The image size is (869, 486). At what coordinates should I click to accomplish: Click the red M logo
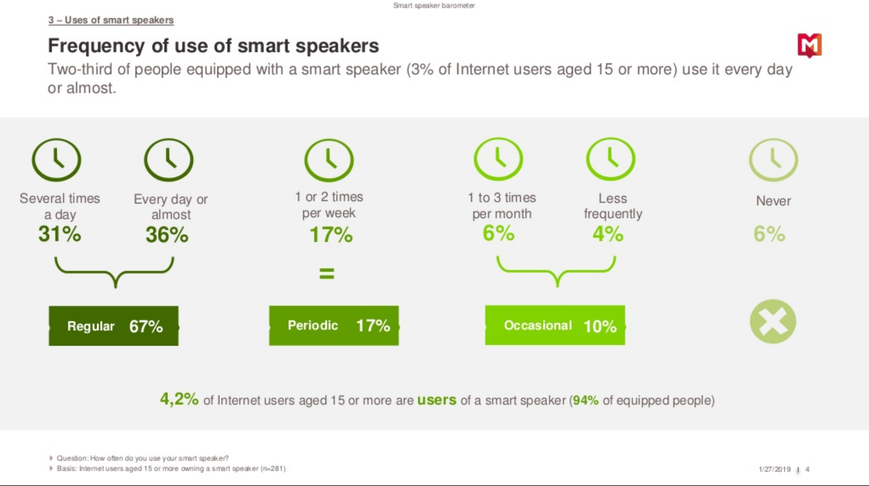(x=809, y=45)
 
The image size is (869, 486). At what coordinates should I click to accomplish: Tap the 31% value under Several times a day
(x=60, y=234)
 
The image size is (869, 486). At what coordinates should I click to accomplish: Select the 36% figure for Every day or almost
(x=167, y=235)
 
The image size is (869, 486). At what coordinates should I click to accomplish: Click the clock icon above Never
(x=773, y=160)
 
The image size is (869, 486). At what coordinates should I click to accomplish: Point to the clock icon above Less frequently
(x=611, y=159)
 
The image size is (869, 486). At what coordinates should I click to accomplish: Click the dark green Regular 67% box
(x=114, y=326)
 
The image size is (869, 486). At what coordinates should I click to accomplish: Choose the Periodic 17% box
(x=334, y=325)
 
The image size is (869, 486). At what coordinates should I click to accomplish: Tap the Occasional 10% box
(x=555, y=325)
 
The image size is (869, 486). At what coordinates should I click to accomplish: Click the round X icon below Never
(x=773, y=321)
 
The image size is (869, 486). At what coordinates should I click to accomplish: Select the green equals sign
(x=326, y=273)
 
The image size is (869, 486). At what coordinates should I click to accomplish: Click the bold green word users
(x=437, y=400)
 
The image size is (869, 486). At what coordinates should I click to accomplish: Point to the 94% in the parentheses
(x=585, y=400)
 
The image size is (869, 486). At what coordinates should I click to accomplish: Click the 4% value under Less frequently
(x=608, y=234)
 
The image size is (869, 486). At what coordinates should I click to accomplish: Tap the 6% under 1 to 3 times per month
(x=498, y=233)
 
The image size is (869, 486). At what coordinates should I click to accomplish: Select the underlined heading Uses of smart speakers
(x=111, y=20)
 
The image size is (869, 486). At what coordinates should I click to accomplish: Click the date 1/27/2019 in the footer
(x=775, y=469)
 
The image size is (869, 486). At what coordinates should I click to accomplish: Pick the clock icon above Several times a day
(x=57, y=160)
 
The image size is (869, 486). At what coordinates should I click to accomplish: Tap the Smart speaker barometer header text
(x=434, y=5)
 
